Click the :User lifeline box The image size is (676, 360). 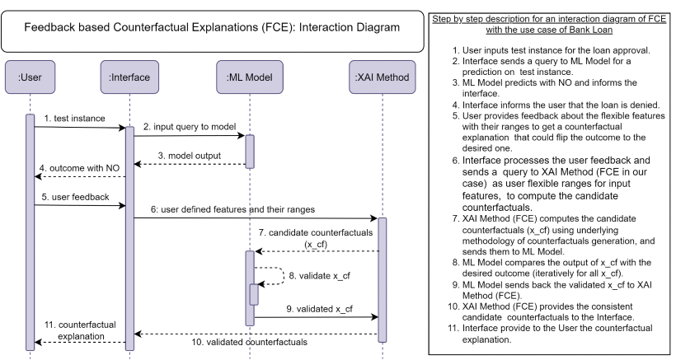point(31,77)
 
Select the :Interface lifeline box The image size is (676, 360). point(129,77)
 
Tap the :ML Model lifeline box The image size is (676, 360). point(250,77)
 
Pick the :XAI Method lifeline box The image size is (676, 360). point(382,77)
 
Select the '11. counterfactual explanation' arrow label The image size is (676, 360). point(76,330)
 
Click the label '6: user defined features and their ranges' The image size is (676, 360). point(245,209)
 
